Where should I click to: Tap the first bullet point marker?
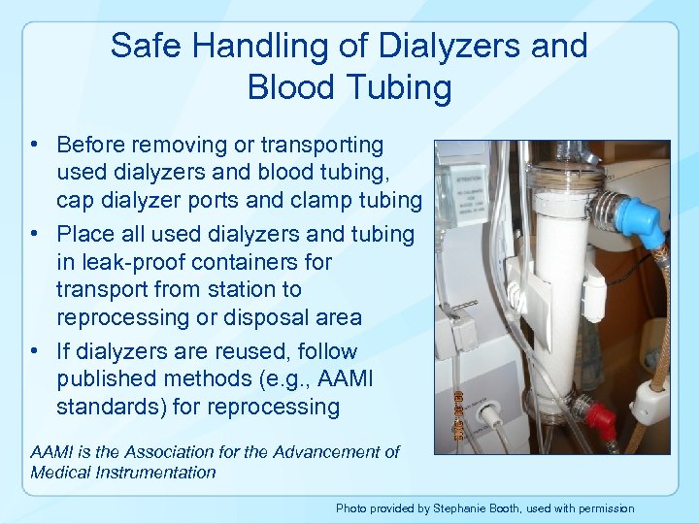33,146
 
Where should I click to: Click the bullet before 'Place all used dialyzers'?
33,235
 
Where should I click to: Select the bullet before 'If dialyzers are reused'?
33,351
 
